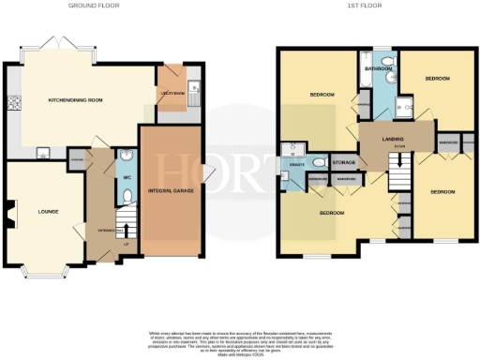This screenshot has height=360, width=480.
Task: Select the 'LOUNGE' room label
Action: (48, 211)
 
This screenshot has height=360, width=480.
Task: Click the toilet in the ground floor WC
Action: (127, 197)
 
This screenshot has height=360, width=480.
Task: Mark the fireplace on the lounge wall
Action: (10, 217)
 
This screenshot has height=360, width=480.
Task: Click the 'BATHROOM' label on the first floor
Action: (378, 68)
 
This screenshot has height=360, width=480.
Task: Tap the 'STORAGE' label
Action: (343, 162)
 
